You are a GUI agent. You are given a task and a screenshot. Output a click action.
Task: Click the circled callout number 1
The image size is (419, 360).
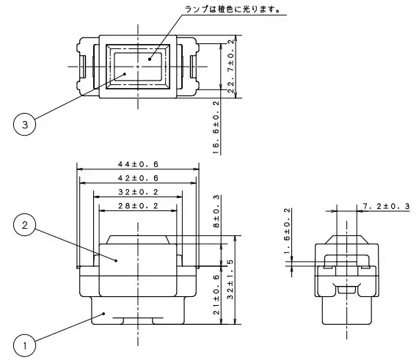coord(25,346)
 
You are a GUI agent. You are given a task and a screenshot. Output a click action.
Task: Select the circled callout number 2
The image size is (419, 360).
coord(25,225)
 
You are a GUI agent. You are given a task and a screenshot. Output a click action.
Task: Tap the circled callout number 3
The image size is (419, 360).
coord(25,124)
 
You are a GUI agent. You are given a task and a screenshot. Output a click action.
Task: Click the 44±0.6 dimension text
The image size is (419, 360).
coord(138,164)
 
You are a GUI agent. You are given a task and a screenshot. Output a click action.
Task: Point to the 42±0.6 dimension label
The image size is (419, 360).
coord(138,178)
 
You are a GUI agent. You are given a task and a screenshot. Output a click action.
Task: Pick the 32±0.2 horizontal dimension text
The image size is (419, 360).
coord(138,192)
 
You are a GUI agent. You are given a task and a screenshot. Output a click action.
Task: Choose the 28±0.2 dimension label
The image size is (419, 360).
coord(138,206)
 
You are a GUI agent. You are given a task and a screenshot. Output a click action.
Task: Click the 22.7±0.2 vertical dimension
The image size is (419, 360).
coord(231,66)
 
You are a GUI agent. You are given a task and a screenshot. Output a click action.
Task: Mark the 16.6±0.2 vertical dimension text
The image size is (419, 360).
coord(216,128)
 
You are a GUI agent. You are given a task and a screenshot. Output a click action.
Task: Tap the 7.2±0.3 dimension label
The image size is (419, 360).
coord(386,206)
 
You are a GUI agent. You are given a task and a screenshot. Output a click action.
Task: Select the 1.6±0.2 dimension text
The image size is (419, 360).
coord(287,231)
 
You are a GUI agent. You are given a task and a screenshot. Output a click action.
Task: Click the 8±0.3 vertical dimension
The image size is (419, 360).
coord(216,211)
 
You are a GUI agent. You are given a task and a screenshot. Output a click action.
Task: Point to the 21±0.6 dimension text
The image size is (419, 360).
coord(216,295)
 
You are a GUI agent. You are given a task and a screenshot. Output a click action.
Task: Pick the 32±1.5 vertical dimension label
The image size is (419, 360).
coord(230,279)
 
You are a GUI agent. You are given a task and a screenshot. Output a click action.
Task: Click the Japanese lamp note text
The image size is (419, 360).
coord(232,10)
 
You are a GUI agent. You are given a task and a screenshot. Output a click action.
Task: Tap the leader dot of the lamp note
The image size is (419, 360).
coord(150,59)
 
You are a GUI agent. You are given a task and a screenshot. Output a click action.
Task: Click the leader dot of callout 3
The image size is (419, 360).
coord(125,74)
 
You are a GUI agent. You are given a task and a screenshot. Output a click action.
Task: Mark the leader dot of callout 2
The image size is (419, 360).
coord(116,260)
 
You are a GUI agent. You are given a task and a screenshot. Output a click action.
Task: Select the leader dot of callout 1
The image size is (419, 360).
coord(104,314)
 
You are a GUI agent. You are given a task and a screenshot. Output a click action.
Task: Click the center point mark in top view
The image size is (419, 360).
coord(138,67)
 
